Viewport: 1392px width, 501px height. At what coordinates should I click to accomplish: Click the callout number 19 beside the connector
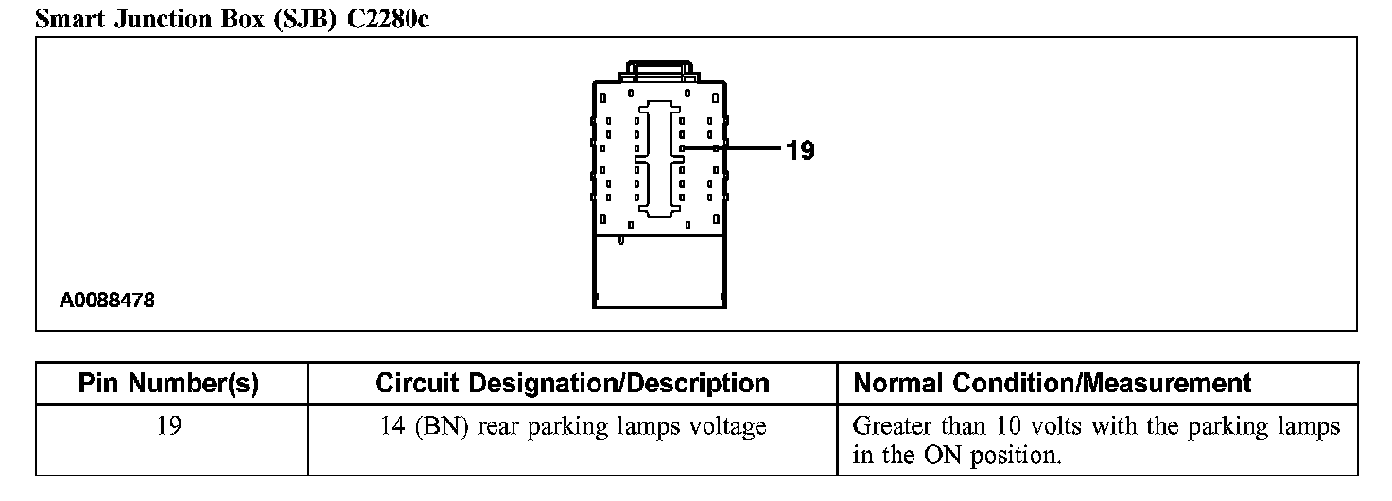pos(800,149)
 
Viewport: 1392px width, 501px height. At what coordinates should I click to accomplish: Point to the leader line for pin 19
pos(733,148)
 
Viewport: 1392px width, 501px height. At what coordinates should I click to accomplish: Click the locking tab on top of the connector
pos(659,70)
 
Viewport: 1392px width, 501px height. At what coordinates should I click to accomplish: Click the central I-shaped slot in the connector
pos(660,158)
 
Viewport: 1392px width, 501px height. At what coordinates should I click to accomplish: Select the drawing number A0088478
pos(108,302)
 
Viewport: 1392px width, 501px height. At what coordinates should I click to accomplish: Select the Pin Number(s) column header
pos(170,384)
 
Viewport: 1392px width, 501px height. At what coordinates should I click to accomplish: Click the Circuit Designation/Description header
pos(572,384)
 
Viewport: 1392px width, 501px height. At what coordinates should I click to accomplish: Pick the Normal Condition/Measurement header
pos(1052,384)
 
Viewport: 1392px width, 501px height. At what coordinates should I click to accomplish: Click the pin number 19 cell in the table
pos(170,426)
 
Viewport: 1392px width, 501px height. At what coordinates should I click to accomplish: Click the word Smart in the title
pos(70,19)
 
